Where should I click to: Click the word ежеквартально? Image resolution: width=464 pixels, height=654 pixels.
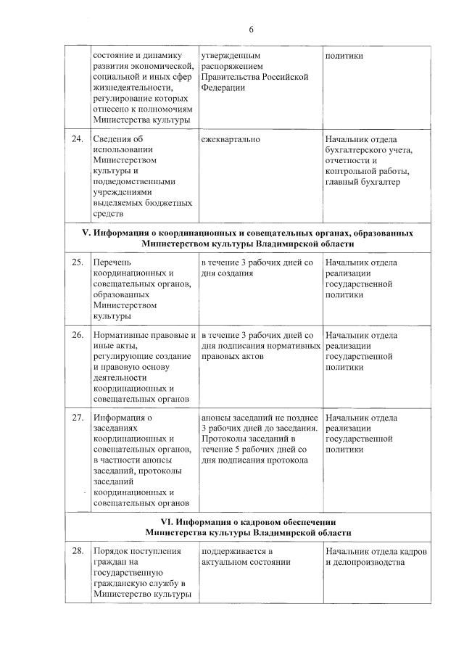coord(231,139)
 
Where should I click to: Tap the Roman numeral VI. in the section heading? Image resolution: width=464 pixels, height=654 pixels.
coord(168,522)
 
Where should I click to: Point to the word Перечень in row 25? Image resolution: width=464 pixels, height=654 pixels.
coord(112,262)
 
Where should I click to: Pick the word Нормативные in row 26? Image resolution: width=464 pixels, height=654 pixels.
coord(118,336)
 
